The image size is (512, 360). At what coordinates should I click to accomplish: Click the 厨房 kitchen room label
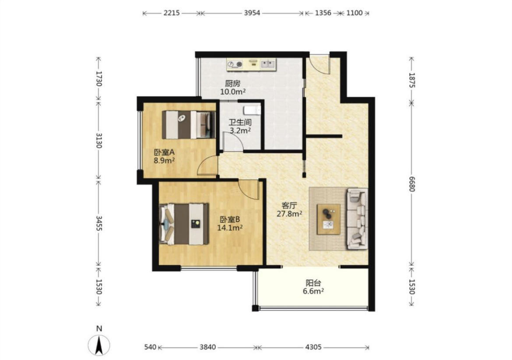(232, 84)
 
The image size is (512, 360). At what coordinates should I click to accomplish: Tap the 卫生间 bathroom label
(240, 123)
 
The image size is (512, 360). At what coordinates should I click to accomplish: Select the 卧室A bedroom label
(164, 152)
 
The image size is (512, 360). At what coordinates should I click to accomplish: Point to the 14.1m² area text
(230, 228)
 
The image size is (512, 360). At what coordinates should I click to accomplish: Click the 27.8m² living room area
(289, 214)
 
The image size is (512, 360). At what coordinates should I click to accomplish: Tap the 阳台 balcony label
(313, 283)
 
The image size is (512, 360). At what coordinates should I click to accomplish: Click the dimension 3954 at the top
(252, 13)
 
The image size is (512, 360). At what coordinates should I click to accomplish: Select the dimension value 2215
(172, 13)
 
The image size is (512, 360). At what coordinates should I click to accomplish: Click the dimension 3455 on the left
(99, 223)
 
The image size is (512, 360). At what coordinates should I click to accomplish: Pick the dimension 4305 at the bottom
(313, 347)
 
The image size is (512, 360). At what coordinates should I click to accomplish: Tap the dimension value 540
(150, 347)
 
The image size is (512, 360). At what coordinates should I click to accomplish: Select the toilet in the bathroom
(252, 110)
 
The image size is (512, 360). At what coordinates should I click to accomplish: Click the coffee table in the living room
(329, 219)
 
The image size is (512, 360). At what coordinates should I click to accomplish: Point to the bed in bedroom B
(184, 224)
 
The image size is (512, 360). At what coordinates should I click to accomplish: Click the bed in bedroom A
(189, 124)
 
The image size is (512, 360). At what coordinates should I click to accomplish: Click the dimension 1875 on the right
(412, 80)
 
